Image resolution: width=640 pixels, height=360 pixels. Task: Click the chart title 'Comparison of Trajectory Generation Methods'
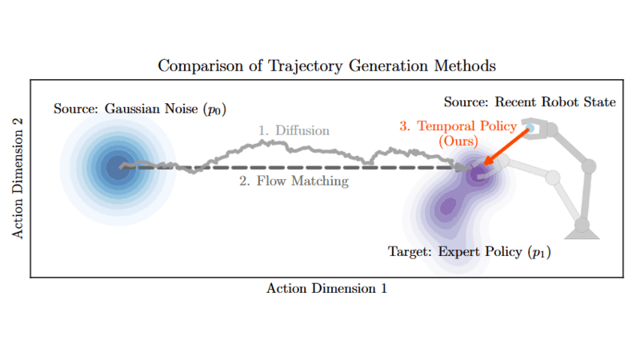coord(326,66)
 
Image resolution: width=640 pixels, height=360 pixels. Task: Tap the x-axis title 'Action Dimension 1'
coord(326,289)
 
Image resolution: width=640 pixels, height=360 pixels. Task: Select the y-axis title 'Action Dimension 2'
coord(18,178)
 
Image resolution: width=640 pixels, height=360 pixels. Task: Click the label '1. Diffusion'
coord(294,130)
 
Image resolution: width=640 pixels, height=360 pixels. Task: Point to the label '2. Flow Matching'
coord(294,181)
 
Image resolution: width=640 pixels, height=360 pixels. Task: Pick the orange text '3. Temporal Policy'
coord(458,126)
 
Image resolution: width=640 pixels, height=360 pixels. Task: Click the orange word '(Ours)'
coord(458,142)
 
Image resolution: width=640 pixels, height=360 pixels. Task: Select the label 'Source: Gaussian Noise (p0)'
coord(140,109)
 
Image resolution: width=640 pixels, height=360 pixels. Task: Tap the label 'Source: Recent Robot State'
coord(530,102)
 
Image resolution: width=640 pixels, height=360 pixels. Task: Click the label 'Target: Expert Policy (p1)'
coord(470,252)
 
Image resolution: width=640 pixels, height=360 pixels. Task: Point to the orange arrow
coord(507,146)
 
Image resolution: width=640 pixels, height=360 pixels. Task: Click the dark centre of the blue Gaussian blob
coord(118,167)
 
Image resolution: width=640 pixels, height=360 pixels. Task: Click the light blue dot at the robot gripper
coord(530,129)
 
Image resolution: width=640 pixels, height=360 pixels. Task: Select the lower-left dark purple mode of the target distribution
coord(447,206)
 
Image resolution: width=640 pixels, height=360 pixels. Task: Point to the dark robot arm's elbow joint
coord(589,166)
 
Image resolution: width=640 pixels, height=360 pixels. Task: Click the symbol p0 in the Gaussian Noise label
coord(214,110)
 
